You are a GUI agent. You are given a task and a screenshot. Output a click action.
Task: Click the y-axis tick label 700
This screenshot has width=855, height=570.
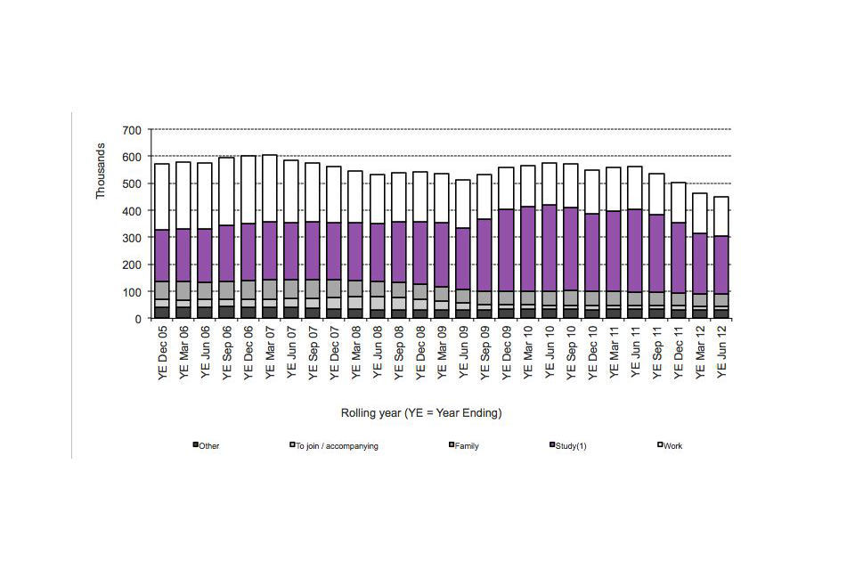tap(131, 130)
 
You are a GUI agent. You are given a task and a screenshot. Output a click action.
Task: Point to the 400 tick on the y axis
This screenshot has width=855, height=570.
tap(131, 211)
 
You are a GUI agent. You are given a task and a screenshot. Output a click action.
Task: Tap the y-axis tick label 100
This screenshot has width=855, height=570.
tap(131, 292)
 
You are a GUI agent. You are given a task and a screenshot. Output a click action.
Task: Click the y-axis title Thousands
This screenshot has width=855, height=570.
tap(101, 171)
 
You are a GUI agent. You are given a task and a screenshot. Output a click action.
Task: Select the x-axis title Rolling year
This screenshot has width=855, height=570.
tap(421, 413)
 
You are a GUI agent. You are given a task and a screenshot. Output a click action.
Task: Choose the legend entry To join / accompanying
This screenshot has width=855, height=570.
tap(338, 445)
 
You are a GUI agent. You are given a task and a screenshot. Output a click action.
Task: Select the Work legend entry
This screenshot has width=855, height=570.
tap(672, 445)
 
